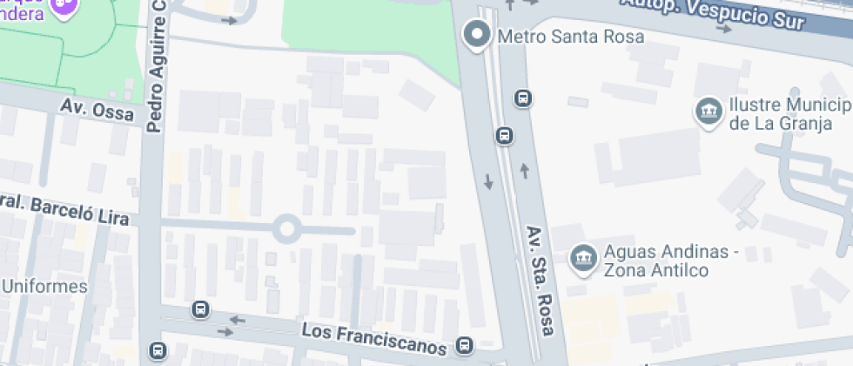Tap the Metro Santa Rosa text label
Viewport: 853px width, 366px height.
point(570,37)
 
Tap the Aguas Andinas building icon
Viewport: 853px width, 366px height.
point(581,258)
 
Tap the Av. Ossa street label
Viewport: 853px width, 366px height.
point(97,109)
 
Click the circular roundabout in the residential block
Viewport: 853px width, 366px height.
point(286,230)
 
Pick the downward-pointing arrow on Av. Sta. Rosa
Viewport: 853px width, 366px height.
point(488,182)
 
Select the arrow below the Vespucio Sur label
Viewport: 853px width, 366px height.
point(723,29)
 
